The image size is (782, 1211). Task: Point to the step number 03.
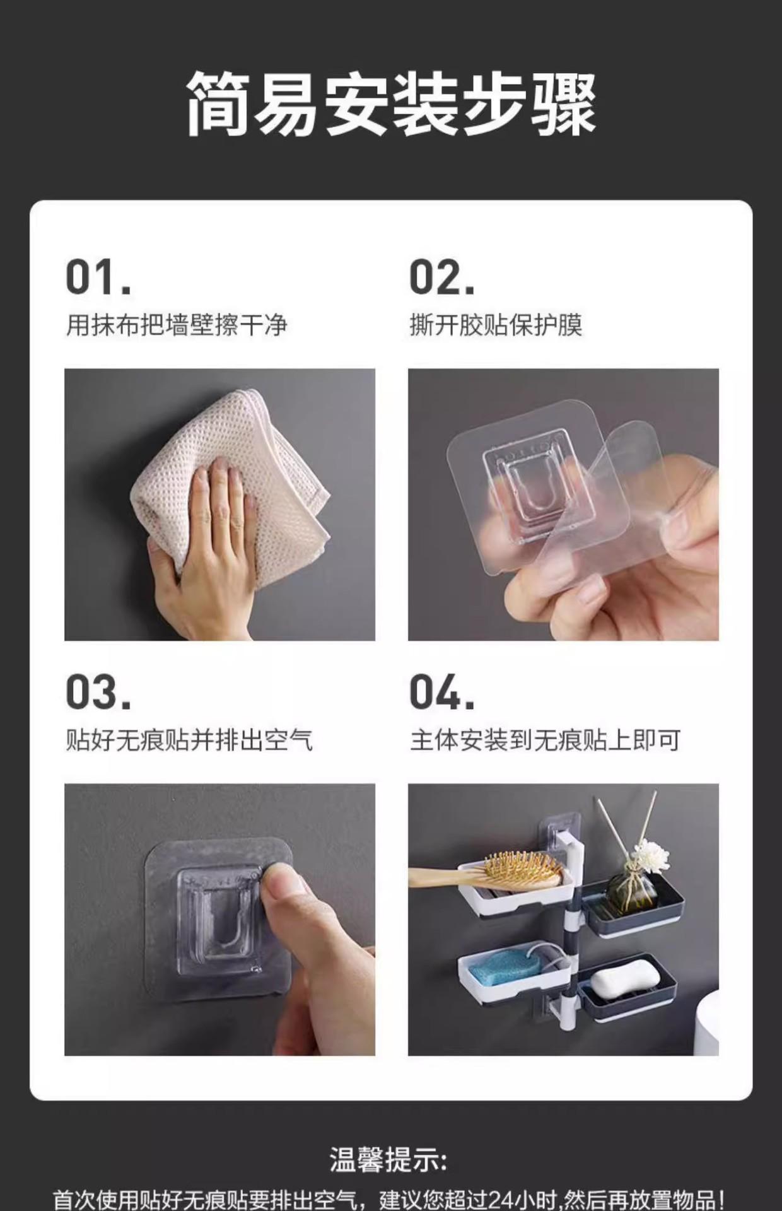pyautogui.click(x=99, y=692)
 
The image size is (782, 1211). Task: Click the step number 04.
pyautogui.click(x=442, y=692)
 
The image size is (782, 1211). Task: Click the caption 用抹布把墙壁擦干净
pyautogui.click(x=177, y=325)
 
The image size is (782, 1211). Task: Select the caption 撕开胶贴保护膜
pyautogui.click(x=496, y=325)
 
